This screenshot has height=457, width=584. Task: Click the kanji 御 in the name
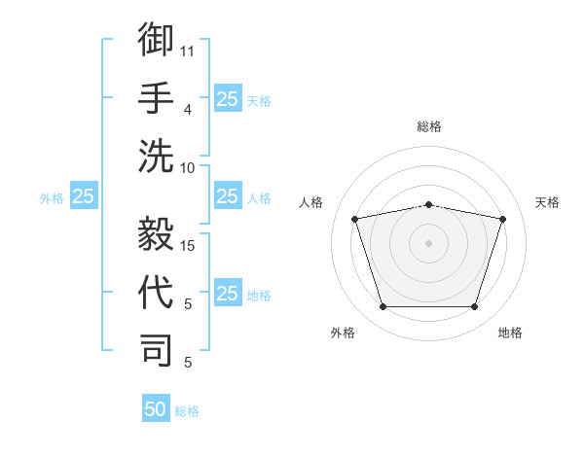156,39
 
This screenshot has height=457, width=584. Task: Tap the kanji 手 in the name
156,98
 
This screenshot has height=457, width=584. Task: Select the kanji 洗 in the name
156,157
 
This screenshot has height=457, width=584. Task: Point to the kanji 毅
156,233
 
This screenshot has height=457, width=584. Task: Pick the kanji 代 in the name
156,292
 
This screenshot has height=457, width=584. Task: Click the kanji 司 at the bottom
156,351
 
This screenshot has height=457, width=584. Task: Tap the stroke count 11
187,52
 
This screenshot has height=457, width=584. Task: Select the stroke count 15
187,246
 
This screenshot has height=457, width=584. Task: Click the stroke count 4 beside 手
188,110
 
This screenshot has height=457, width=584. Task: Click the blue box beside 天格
228,98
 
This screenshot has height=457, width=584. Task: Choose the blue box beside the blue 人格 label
228,195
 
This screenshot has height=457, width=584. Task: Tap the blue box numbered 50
156,407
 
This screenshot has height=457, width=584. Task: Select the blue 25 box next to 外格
84,195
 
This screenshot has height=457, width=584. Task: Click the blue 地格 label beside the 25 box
259,296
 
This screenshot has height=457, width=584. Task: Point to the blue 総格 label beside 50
187,411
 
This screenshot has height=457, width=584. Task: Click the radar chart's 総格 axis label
429,126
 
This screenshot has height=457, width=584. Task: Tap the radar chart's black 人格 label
310,202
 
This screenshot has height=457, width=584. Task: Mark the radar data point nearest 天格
502,219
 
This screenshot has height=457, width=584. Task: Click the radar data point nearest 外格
383,306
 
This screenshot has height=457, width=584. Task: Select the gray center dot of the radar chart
428,243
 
